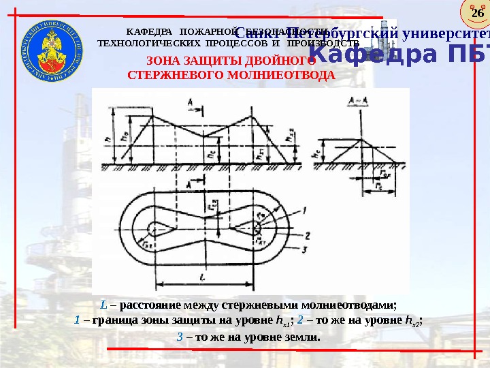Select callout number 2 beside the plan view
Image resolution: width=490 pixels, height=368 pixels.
coord(308,235)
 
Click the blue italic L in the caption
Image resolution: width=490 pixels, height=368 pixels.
coord(103,305)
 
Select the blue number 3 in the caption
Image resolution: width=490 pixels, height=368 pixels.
coord(180,336)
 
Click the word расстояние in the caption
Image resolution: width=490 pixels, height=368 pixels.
coord(155,305)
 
